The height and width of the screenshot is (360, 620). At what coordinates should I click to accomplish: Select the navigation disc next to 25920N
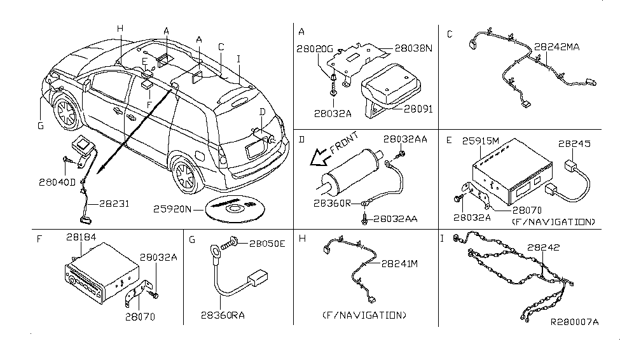pyautogui.click(x=234, y=208)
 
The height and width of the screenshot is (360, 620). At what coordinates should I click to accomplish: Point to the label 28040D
pyautogui.click(x=57, y=182)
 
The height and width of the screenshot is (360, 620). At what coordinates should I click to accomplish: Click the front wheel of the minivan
pyautogui.click(x=64, y=113)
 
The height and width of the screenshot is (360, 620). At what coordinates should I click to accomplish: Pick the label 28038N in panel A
pyautogui.click(x=413, y=48)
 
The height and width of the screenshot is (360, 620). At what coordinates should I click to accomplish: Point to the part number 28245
pyautogui.click(x=575, y=144)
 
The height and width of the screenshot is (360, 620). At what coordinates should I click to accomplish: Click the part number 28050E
pyautogui.click(x=268, y=244)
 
